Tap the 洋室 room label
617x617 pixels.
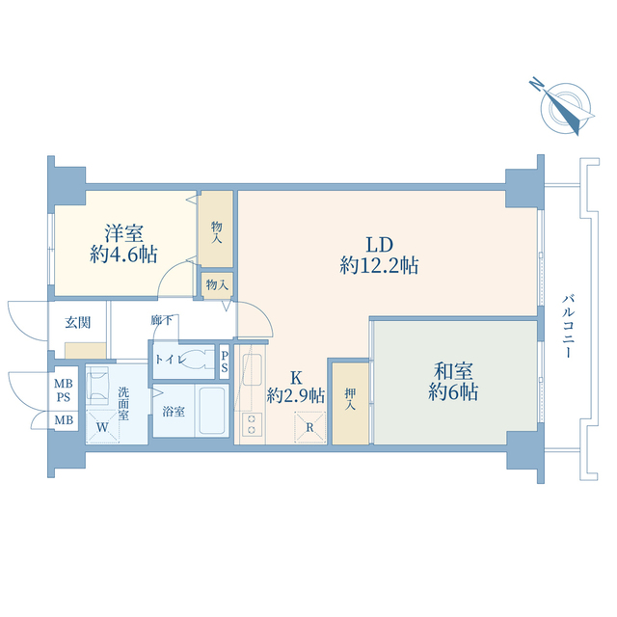124,233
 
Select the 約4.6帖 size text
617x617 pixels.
124,255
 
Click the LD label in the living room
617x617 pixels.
378,243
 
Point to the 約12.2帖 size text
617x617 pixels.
378,265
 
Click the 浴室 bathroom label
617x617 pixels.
174,413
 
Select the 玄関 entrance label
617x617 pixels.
77,323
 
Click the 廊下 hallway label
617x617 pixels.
162,321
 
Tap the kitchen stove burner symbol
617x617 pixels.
253,425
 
